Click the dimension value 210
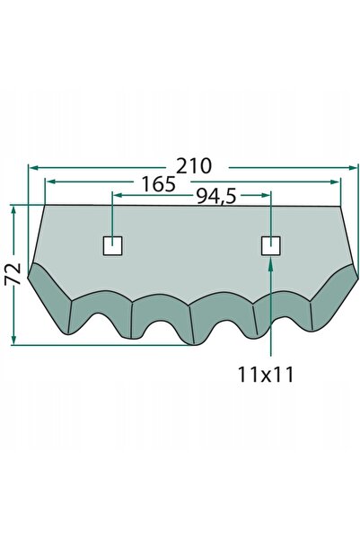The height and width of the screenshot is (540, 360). pyautogui.click(x=194, y=166)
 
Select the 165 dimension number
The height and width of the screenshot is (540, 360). pyautogui.click(x=159, y=184)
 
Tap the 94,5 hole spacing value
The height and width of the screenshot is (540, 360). pyautogui.click(x=216, y=197)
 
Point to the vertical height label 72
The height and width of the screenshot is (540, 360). pyautogui.click(x=13, y=274)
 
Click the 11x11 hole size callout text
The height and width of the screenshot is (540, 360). pyautogui.click(x=266, y=375)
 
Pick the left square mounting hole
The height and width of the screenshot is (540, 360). pyautogui.click(x=113, y=246)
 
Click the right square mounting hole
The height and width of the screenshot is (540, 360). pyautogui.click(x=271, y=246)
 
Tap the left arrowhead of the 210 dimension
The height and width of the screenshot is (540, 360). pyautogui.click(x=33, y=168)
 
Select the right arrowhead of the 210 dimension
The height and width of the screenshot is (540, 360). pyautogui.click(x=354, y=168)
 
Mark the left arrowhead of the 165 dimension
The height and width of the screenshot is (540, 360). pyautogui.click(x=51, y=181)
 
